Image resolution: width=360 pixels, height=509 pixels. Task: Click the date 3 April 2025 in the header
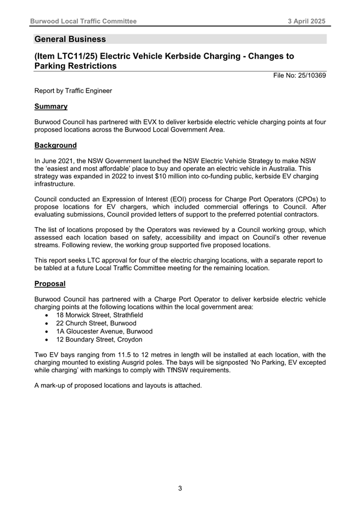[307, 21]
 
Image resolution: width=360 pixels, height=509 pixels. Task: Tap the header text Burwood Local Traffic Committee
[83, 21]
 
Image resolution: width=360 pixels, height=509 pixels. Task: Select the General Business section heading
[70, 39]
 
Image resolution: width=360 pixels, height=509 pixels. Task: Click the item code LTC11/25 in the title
[82, 56]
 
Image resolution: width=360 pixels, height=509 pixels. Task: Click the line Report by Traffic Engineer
[73, 91]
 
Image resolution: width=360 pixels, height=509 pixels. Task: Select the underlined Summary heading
[50, 106]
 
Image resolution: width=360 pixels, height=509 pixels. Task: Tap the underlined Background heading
[55, 145]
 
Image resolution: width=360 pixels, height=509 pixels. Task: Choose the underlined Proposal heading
[50, 284]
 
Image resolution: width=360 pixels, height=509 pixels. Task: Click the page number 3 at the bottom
[180, 488]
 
